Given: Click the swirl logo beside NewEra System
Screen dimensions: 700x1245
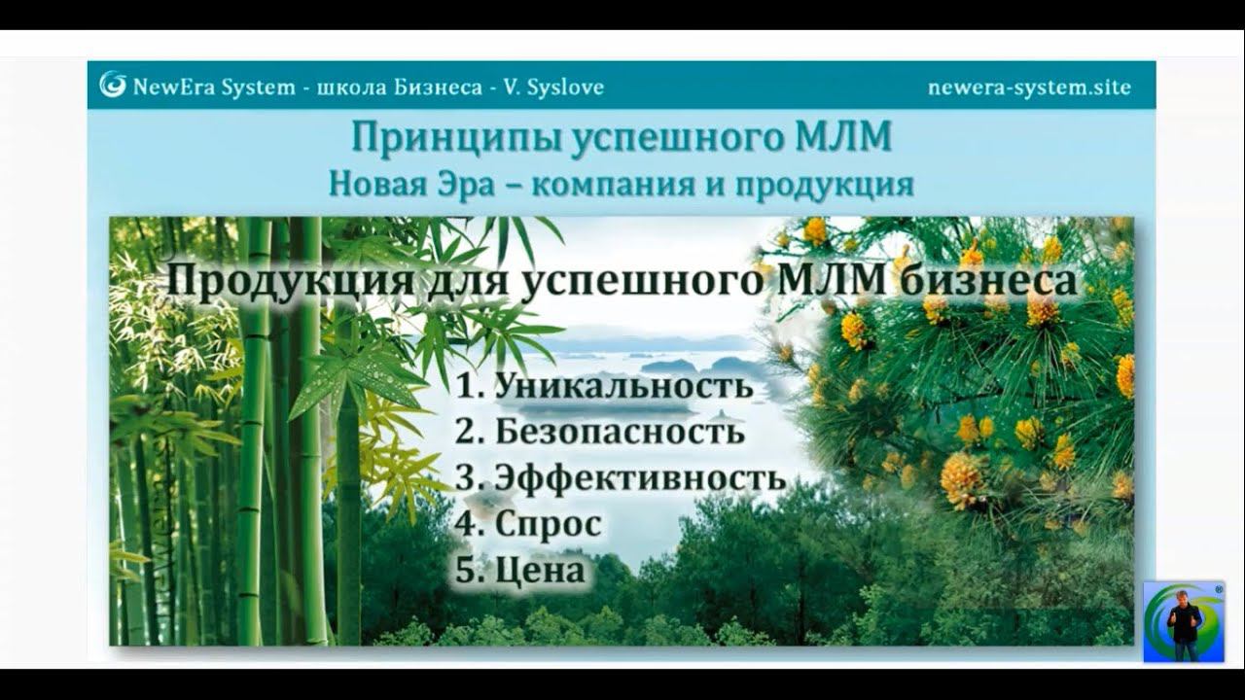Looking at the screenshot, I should (x=113, y=86).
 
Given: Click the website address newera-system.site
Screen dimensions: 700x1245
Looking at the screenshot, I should (x=1029, y=87).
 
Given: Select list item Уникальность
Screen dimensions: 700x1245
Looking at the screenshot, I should (x=623, y=386).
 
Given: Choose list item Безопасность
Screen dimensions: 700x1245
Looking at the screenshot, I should (x=620, y=431).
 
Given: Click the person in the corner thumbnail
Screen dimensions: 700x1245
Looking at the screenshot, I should (x=1184, y=625).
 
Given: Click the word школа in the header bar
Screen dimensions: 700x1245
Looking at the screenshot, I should (x=351, y=87).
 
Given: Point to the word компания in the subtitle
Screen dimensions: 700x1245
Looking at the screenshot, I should (x=610, y=184).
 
